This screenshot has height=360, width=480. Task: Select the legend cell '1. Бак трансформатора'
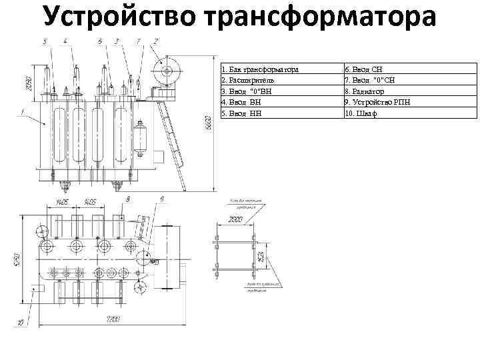point(260,69)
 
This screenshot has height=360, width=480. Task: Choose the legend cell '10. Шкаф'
point(361,113)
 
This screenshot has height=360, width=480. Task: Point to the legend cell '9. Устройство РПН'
point(377,102)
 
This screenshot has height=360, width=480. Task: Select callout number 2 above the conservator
point(155,41)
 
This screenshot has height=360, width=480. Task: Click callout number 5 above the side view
point(45,41)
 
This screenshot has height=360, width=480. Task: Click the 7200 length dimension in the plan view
point(113,320)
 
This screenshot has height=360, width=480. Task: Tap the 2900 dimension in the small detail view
point(235,219)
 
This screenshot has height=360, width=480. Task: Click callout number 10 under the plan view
point(21,323)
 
